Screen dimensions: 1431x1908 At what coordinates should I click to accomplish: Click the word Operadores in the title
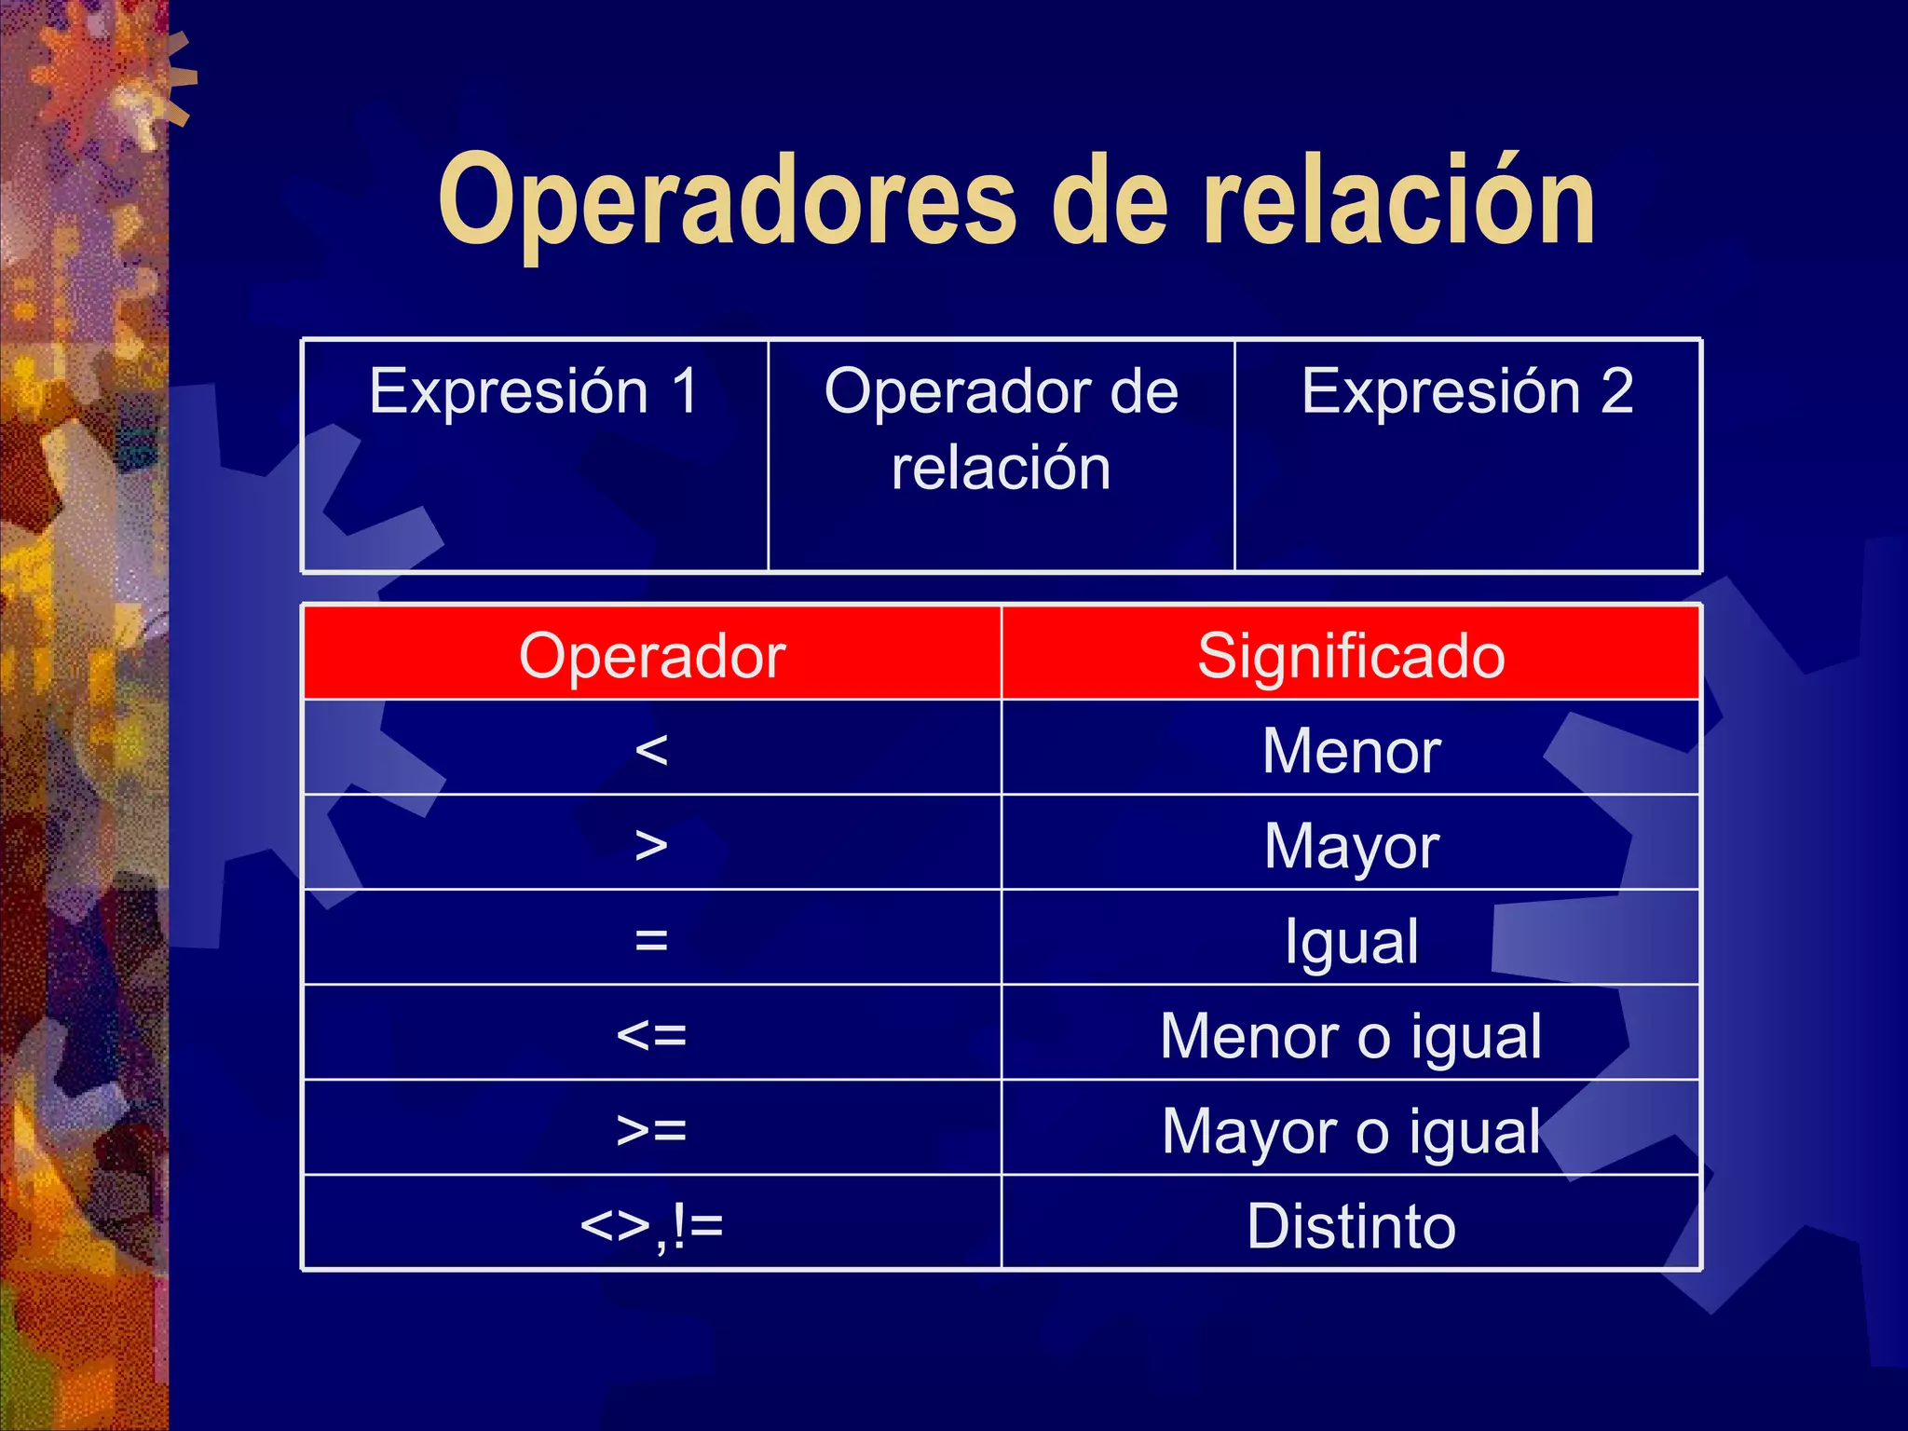click(x=727, y=203)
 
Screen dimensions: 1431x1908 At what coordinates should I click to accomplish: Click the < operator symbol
click(x=651, y=750)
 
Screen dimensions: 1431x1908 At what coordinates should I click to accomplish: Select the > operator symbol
click(x=651, y=845)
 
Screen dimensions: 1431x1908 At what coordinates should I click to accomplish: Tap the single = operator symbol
click(x=651, y=940)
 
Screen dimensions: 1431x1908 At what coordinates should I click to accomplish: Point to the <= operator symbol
click(x=651, y=1035)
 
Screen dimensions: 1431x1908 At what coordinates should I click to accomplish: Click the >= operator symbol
click(x=651, y=1130)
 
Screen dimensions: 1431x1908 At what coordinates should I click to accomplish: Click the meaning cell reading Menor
click(x=1351, y=750)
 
